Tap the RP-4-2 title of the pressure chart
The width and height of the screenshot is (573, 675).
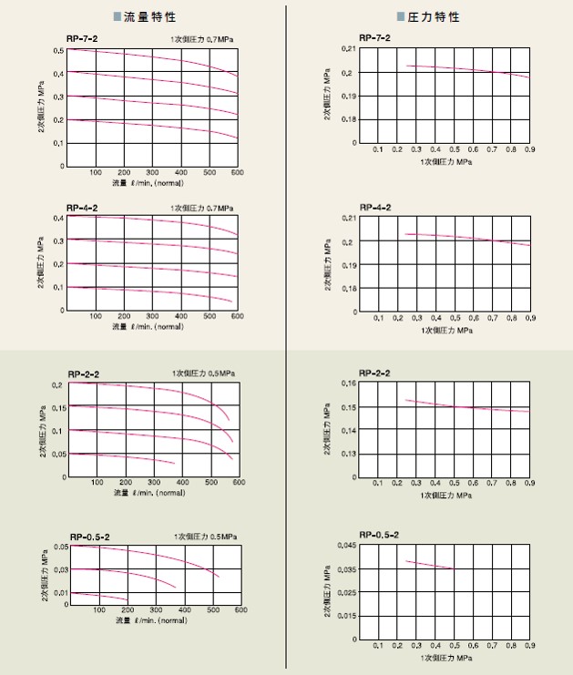click(x=375, y=208)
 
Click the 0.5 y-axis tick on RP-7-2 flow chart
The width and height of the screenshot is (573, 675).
click(x=59, y=50)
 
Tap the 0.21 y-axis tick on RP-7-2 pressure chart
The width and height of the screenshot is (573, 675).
click(x=346, y=48)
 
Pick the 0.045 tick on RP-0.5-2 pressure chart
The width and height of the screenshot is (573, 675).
click(x=344, y=546)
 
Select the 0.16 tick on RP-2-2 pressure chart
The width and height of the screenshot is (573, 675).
click(x=346, y=384)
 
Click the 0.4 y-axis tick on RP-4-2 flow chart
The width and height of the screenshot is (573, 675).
click(x=59, y=219)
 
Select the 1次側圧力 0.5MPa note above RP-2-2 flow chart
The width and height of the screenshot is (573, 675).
click(x=204, y=374)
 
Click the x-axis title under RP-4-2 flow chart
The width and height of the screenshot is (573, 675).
click(x=148, y=325)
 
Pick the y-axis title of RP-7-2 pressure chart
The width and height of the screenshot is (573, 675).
click(x=327, y=95)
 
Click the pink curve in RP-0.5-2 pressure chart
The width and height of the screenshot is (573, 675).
click(x=428, y=564)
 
